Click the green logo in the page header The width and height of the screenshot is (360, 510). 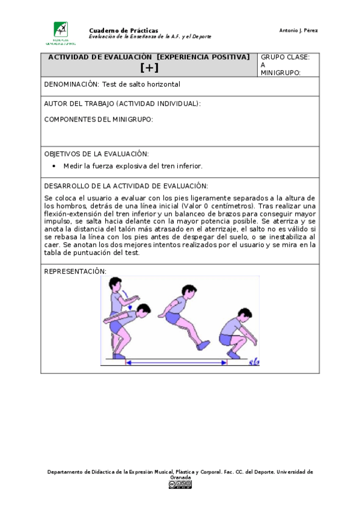(x=61, y=31)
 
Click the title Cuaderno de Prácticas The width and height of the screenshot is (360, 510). (x=123, y=30)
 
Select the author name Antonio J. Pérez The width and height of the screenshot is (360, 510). (x=299, y=31)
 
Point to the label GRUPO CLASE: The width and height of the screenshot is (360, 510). (x=285, y=57)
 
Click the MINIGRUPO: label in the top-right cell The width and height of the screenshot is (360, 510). (x=280, y=73)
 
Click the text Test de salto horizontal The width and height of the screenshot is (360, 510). (x=141, y=85)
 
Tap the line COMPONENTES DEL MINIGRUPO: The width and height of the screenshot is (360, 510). (x=99, y=119)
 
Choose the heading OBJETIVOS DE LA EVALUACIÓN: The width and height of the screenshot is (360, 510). (x=96, y=154)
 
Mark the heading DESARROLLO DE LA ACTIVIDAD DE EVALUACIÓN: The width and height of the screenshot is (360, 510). (x=126, y=186)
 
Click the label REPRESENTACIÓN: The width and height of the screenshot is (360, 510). (x=75, y=271)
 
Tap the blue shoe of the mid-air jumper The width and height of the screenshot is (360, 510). (x=204, y=345)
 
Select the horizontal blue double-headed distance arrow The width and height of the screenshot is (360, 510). (x=176, y=363)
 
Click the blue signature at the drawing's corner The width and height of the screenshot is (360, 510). (x=254, y=361)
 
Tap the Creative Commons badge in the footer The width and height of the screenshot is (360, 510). (x=180, y=484)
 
